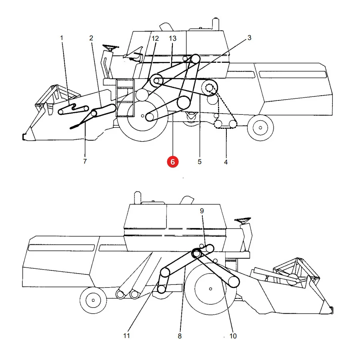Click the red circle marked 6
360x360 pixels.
point(173,162)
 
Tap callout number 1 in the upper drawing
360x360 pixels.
point(62,38)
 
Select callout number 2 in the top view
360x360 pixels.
point(91,38)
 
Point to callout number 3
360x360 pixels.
point(249,38)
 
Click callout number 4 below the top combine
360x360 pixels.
point(226,162)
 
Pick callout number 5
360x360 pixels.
point(200,162)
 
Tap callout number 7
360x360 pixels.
point(85,162)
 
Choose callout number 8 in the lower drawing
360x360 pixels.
point(180,336)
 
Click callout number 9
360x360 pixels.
point(202,211)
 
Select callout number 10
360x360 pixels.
point(233,336)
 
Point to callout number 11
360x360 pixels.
point(126,336)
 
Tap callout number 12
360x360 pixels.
point(155,38)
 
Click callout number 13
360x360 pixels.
point(172,38)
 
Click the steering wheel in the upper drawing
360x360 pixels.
point(111,48)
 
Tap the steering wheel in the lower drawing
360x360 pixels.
point(243,220)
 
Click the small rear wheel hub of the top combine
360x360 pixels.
point(260,128)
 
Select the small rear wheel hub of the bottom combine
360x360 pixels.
point(93,300)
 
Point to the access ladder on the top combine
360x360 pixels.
point(125,98)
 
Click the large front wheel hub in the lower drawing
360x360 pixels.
point(210,289)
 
